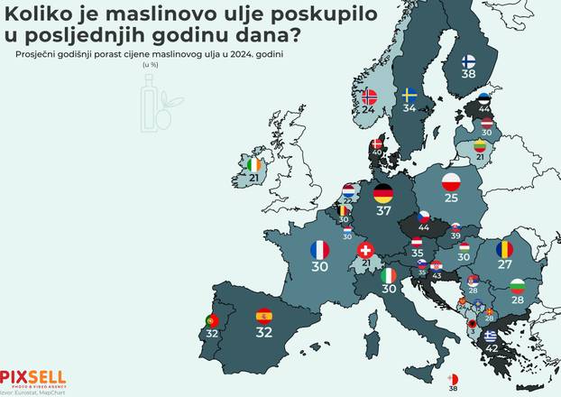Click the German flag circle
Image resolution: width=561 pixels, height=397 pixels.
coord(383,193)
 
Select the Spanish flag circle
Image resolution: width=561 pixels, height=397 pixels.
coord(264,315)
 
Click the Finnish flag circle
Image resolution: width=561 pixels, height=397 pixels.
coord(469,61)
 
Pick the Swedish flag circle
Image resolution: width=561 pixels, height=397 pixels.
coord(409,95)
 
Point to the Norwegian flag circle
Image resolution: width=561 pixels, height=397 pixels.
coord(368,96)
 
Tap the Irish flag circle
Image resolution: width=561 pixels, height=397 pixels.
coord(255,165)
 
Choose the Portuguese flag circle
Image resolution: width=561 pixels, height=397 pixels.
coord(213,320)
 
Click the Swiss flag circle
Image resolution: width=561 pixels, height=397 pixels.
coord(365,249)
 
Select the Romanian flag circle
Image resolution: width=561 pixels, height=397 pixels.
coord(504,248)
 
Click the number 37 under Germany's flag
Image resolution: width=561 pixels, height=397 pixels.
coord(383,211)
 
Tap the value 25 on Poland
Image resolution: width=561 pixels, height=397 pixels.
coord(452,198)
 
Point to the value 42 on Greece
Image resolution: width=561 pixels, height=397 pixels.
coord(492,347)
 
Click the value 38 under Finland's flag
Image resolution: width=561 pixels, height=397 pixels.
coord(469,75)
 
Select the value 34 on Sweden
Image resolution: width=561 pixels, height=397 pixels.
coord(409,108)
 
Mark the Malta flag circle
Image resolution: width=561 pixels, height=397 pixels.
coord(453,379)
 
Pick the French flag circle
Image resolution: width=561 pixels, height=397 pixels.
coord(319,249)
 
